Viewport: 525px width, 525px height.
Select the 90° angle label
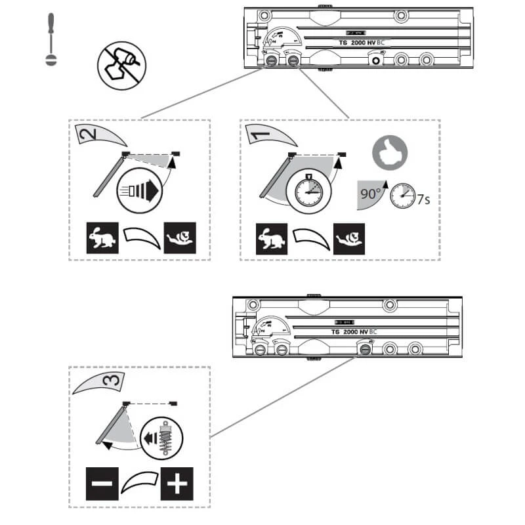(369, 195)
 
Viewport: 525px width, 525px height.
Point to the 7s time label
(423, 198)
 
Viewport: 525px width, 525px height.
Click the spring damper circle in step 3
(161, 435)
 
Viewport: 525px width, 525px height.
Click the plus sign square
(177, 486)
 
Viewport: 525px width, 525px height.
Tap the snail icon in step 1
(349, 238)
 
